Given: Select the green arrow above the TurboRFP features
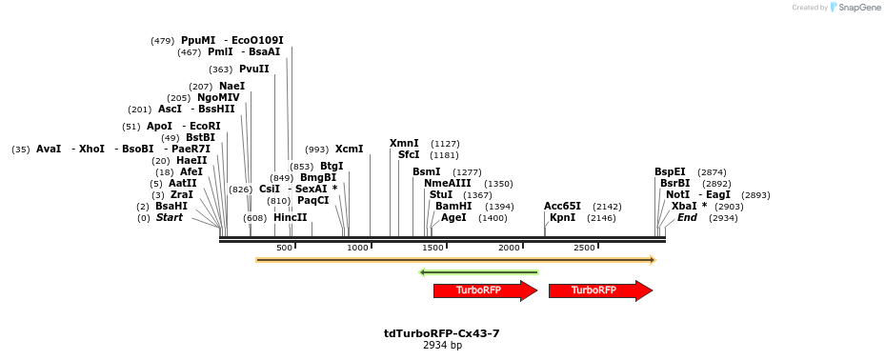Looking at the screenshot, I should (478, 272).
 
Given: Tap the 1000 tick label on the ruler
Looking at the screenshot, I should (357, 248).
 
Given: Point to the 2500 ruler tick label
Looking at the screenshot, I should (584, 248).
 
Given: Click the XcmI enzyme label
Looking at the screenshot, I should (349, 150).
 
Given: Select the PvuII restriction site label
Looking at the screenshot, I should (253, 70).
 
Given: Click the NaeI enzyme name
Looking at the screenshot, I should (231, 87).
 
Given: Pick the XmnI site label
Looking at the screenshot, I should (404, 144).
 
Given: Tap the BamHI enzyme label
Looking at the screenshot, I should (453, 207).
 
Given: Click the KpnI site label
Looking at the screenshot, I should (562, 218).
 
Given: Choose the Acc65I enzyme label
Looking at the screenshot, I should (562, 207).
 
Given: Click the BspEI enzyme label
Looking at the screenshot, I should (670, 172).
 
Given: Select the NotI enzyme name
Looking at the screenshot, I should (677, 195).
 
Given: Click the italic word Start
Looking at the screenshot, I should (169, 218).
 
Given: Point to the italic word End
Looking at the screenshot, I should (687, 218).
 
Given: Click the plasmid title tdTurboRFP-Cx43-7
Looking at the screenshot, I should (442, 333).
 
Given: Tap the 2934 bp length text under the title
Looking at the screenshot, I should (442, 345).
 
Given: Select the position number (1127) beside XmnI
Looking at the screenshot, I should (445, 144).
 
